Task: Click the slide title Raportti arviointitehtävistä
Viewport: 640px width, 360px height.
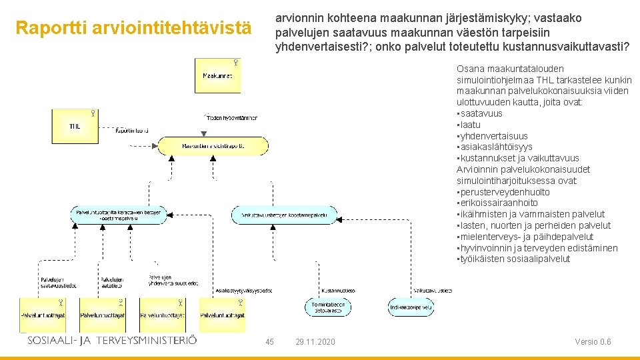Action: pos(134,29)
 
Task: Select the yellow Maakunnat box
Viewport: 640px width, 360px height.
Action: pos(217,75)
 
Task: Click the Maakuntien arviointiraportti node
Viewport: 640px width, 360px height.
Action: pos(213,145)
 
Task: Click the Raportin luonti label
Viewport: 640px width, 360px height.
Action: pos(131,131)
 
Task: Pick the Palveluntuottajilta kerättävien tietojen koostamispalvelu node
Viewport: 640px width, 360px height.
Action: pos(119,215)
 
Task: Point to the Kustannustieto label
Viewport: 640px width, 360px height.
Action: pos(338,291)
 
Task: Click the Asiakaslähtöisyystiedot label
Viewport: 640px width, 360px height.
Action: pos(244,291)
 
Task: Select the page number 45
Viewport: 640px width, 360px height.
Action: pos(269,342)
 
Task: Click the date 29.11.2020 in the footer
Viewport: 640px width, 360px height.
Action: pos(315,342)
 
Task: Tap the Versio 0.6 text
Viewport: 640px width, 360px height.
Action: pos(593,342)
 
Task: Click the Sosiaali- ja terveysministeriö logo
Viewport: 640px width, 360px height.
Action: pos(112,340)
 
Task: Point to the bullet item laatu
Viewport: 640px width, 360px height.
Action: pos(469,125)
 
